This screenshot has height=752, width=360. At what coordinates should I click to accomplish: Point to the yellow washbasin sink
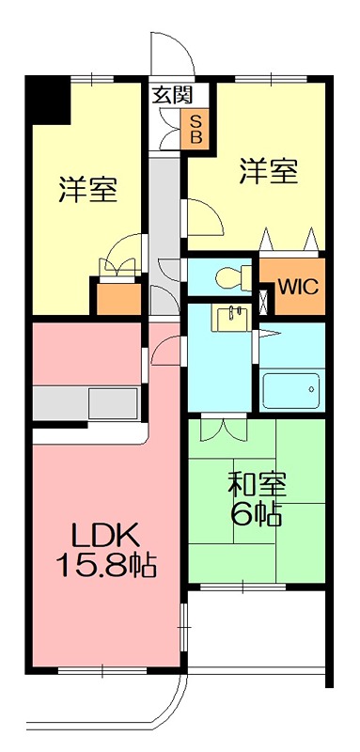(x=230, y=318)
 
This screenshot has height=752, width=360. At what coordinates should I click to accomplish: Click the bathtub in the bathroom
(x=291, y=389)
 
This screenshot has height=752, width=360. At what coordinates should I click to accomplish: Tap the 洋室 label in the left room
(x=88, y=189)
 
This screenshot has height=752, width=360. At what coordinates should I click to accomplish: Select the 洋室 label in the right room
(x=268, y=172)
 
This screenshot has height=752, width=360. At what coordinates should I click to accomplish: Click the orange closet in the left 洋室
(x=116, y=297)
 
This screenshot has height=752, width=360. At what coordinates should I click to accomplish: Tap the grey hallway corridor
(x=165, y=216)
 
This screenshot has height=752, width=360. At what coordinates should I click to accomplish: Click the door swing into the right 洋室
(x=205, y=218)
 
